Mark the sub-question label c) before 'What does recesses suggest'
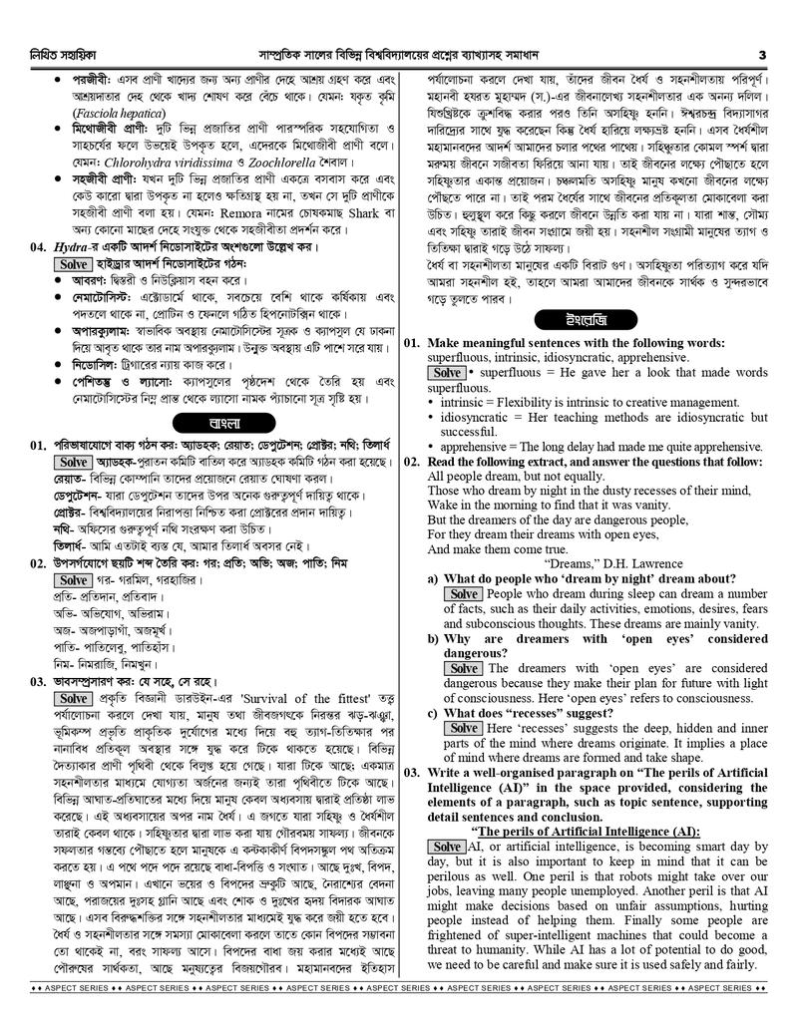[x=433, y=713]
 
